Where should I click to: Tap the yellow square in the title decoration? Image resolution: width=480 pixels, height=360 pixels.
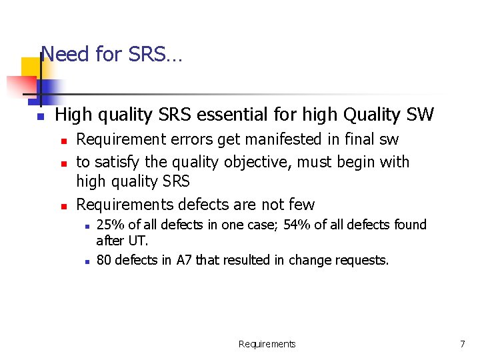coord(31,69)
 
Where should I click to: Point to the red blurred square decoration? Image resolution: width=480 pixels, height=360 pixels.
coord(20,87)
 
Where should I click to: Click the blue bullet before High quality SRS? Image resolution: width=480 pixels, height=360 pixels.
coord(40,117)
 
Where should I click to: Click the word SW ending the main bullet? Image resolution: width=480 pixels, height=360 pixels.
coord(420,115)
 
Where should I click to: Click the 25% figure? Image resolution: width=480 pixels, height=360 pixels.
coord(109,225)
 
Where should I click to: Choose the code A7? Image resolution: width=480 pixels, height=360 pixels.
coord(184,260)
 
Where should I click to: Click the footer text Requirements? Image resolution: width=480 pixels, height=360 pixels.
coord(267,344)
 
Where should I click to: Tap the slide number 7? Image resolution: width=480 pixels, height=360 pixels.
coord(462,344)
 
